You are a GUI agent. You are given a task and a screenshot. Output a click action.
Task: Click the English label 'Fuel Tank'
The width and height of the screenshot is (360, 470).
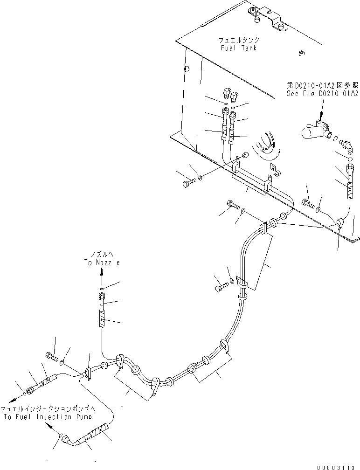[239, 48]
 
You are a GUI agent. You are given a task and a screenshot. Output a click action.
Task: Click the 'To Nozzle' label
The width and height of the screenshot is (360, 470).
[102, 263]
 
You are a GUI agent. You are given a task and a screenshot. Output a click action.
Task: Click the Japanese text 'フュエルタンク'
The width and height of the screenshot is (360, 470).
[239, 41]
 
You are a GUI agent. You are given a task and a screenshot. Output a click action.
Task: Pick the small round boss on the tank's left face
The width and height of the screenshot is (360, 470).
[187, 69]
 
